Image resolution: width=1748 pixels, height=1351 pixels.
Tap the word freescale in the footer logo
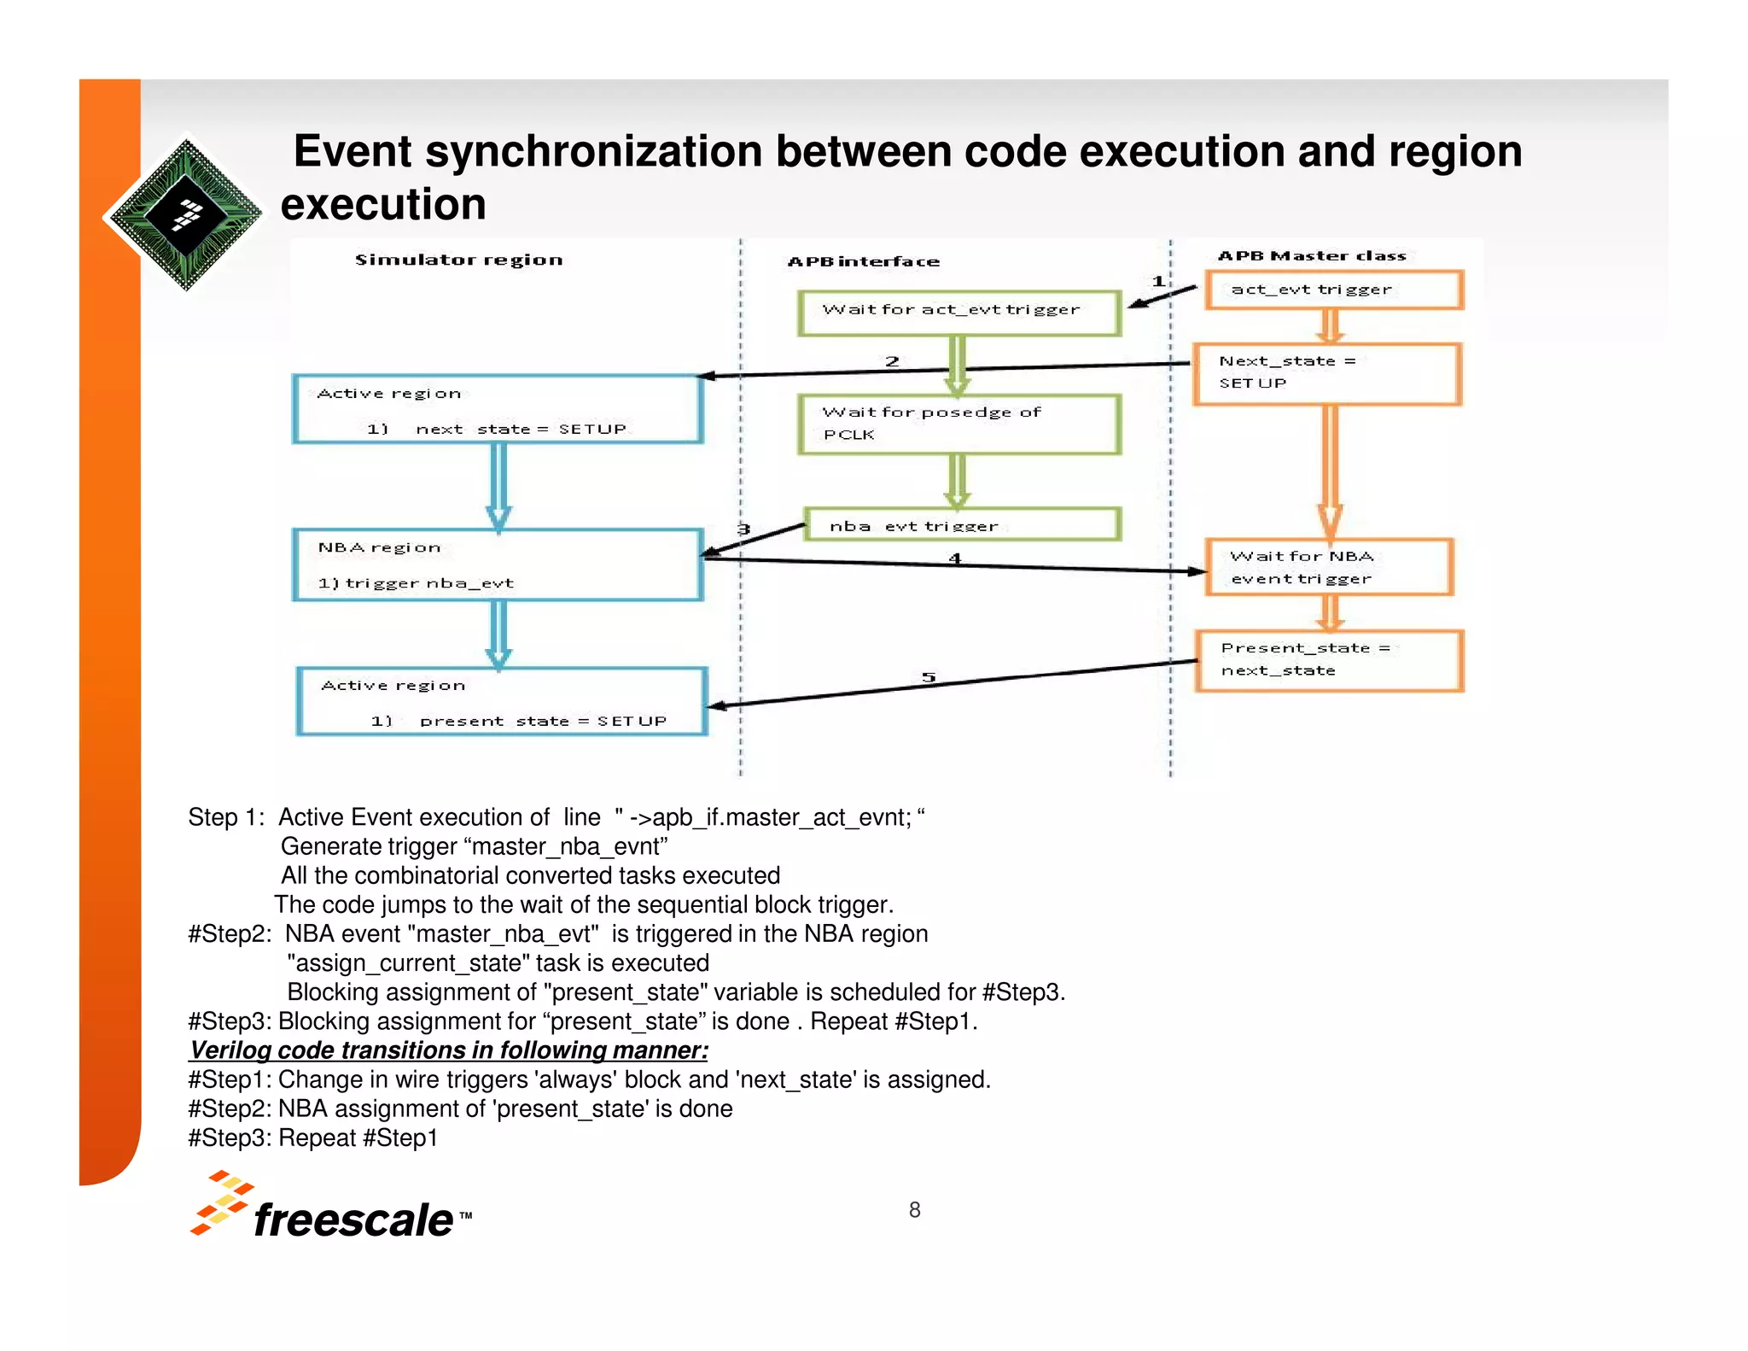[353, 1219]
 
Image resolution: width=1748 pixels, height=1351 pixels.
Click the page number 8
[914, 1210]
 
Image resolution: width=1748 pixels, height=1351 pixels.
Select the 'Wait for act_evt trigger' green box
[958, 313]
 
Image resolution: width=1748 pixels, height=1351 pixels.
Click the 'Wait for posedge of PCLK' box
[958, 424]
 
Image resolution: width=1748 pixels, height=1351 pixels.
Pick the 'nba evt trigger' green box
[961, 525]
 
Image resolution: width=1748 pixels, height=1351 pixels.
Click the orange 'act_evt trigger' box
[1334, 290]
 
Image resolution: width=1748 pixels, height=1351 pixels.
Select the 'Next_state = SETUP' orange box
[1327, 374]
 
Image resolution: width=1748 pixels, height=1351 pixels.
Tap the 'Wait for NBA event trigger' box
[1329, 567]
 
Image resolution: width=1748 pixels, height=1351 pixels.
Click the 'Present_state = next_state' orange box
[1329, 660]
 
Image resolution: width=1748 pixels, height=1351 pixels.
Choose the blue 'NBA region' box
[498, 565]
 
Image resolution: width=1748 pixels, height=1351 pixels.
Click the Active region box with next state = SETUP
[498, 409]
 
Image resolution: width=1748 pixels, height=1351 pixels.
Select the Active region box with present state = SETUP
[502, 701]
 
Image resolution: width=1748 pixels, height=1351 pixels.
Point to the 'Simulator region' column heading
[458, 260]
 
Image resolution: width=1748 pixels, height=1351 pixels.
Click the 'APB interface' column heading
[863, 262]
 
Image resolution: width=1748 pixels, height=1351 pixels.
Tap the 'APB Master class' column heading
[1311, 256]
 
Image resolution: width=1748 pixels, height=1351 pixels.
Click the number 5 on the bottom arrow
[929, 677]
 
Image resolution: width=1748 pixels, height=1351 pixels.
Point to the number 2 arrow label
[892, 361]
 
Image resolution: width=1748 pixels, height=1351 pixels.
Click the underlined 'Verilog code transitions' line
[449, 1050]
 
